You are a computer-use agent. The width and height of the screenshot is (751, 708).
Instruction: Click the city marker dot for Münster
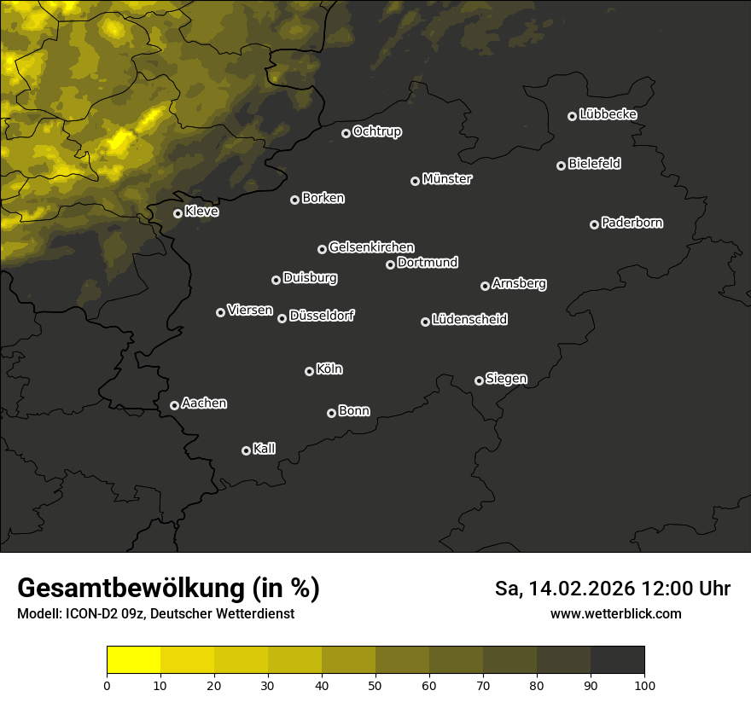[x=416, y=181]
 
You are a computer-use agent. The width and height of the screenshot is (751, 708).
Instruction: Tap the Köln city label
[x=329, y=369]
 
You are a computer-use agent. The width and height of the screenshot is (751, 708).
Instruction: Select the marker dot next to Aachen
[x=175, y=405]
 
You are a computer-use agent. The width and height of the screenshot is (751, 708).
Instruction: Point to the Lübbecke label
[x=608, y=114]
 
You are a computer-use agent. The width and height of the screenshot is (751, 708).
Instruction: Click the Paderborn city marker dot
[x=595, y=224]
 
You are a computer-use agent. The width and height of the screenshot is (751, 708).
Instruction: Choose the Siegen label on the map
[x=506, y=379]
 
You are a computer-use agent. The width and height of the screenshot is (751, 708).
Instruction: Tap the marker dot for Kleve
[x=178, y=213]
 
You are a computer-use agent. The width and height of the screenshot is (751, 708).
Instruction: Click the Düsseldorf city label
[x=322, y=316]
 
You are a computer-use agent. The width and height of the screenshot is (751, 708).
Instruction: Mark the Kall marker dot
[x=247, y=450]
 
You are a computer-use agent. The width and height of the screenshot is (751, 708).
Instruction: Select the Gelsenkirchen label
[x=371, y=247]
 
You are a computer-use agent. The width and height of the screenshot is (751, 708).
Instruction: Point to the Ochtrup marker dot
[x=346, y=133]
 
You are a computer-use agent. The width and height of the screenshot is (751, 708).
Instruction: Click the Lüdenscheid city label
[x=469, y=320]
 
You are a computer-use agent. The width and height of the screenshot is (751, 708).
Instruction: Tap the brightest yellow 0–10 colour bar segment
[x=134, y=660]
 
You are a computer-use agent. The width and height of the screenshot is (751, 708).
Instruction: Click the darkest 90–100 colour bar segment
[x=617, y=660]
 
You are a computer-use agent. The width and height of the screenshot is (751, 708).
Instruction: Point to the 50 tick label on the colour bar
[x=375, y=685]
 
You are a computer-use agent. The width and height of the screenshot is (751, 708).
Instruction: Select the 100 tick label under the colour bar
[x=644, y=685]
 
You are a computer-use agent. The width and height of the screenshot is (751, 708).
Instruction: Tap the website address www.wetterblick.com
[x=615, y=613]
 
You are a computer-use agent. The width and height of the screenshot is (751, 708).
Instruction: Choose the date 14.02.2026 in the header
[x=583, y=589]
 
